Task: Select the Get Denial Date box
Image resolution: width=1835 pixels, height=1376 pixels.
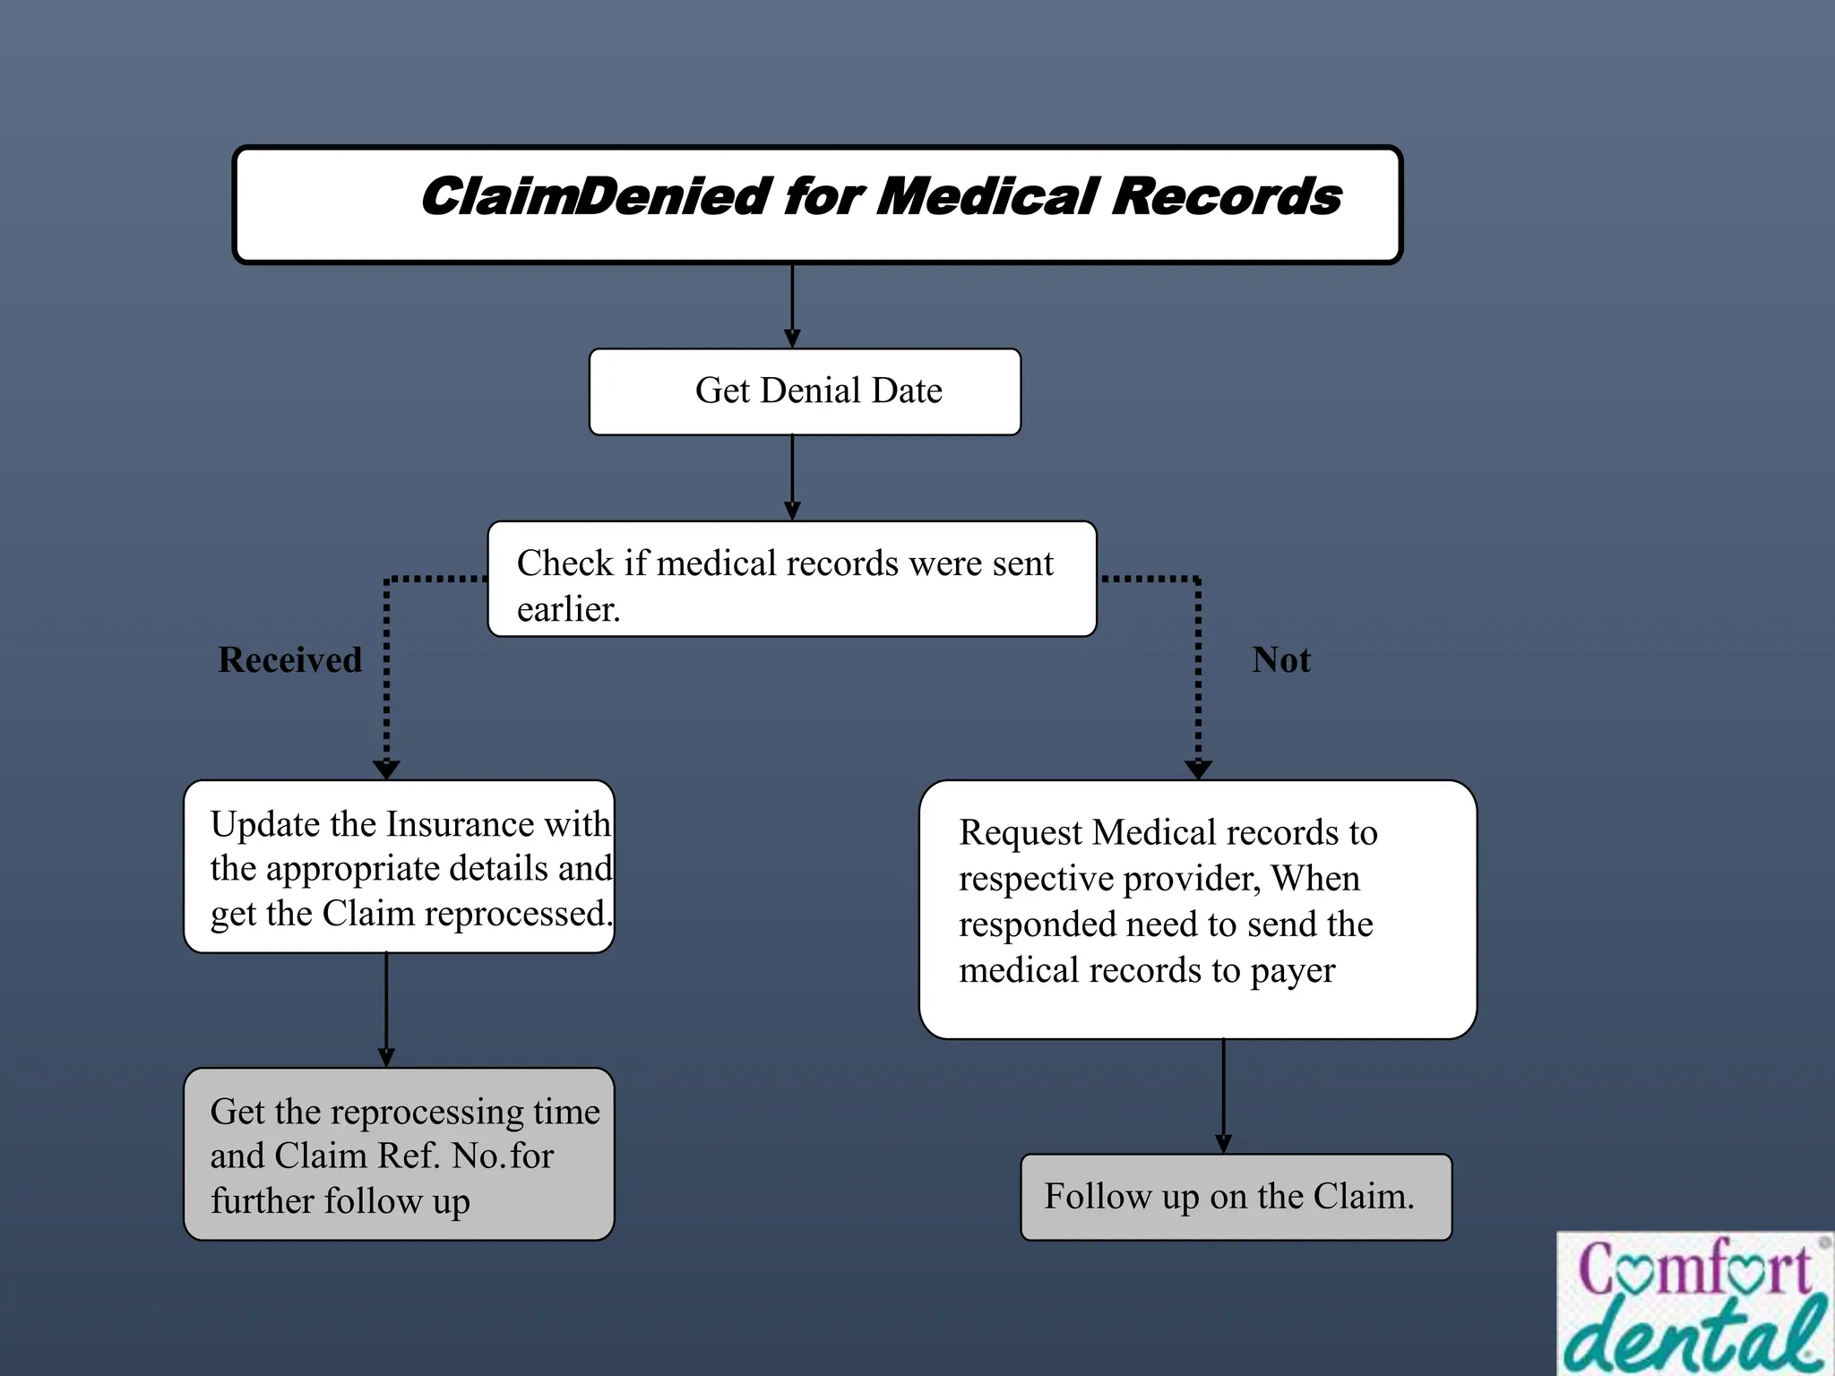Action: coord(805,391)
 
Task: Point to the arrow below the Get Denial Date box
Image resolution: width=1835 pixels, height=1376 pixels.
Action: coord(792,477)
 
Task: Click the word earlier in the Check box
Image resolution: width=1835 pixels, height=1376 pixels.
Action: coord(568,610)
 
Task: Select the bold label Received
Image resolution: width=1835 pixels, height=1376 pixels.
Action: coord(290,660)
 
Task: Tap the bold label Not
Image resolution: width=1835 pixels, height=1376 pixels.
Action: coord(1281,660)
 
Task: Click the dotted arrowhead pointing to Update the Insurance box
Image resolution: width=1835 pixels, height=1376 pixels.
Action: coord(386,769)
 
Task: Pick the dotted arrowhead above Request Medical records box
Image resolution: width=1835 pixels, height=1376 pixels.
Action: coord(1198,769)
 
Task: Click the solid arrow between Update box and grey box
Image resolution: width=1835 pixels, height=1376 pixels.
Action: coord(386,1010)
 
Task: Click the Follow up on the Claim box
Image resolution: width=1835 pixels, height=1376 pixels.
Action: coord(1236,1197)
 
